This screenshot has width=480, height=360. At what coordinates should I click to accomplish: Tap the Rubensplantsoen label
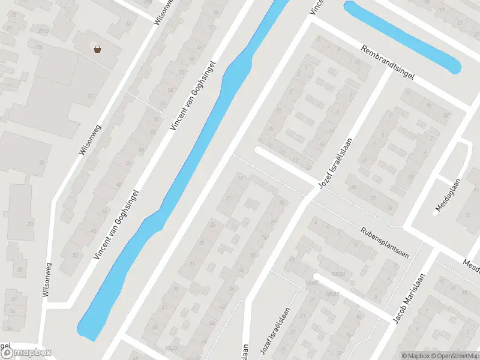385,242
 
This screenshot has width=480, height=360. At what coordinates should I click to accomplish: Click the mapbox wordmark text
32,353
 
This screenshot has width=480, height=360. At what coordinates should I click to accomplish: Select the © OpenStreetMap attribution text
455,356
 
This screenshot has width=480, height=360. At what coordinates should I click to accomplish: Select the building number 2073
43,31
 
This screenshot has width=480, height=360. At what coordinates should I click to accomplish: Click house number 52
74,254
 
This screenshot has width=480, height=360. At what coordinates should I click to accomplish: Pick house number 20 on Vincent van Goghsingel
181,72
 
